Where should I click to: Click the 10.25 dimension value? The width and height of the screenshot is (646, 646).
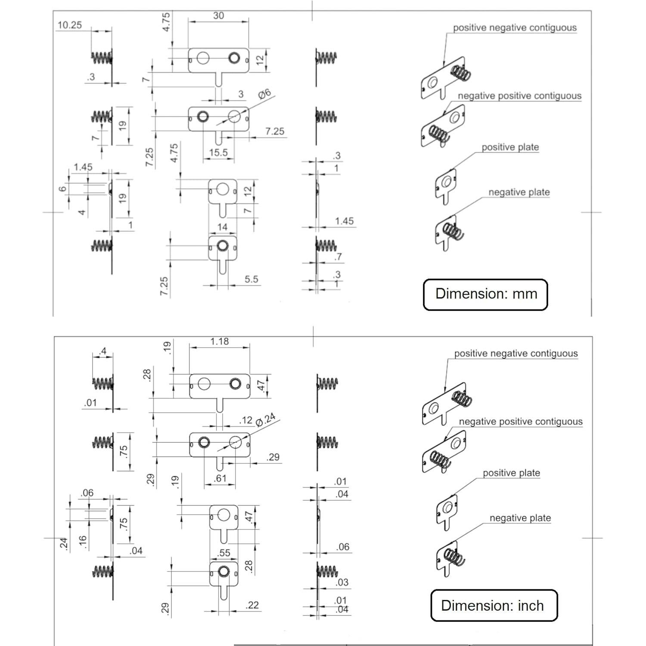[x=70, y=25]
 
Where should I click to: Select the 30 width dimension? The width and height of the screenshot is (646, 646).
[x=218, y=16]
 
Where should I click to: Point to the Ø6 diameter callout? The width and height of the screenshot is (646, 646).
[x=264, y=93]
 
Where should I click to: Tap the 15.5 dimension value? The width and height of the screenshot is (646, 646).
[x=218, y=152]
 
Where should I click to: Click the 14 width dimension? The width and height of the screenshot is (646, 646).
[x=222, y=227]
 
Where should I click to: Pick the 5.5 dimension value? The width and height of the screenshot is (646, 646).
[x=252, y=279]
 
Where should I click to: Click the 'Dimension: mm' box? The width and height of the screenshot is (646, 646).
[x=486, y=294]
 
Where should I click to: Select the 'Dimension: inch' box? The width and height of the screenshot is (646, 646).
[x=494, y=605]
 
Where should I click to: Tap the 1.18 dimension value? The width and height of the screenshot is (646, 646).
[x=219, y=342]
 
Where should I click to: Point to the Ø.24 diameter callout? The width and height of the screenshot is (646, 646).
[x=265, y=420]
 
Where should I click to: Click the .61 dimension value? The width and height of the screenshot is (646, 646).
[x=220, y=478]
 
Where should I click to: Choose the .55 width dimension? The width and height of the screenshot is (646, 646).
[x=224, y=553]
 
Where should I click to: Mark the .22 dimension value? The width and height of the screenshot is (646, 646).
[x=252, y=605]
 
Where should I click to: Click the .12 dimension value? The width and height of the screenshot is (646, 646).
[x=246, y=420]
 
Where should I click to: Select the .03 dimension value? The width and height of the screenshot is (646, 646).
[x=342, y=582]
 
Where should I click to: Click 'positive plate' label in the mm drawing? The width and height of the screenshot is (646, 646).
[x=510, y=147]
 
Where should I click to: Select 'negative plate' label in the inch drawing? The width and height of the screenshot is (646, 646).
[x=520, y=518]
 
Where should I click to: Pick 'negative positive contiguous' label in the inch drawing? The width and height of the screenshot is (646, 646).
[x=521, y=422]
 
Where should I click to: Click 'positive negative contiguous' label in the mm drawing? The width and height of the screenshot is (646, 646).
[x=515, y=28]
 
